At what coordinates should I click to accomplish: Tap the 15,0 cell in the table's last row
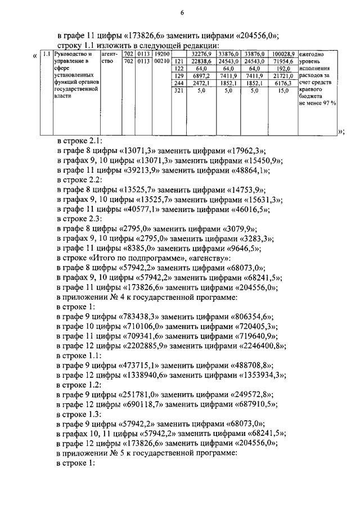pos(283,90)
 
